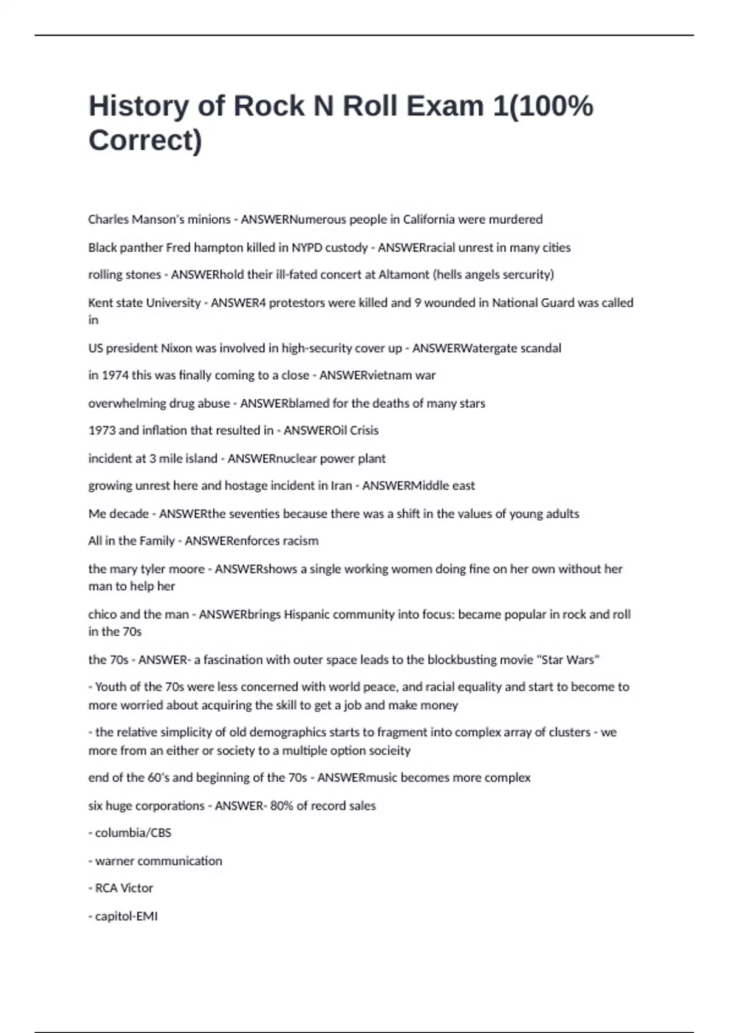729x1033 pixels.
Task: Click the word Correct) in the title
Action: pos(145,140)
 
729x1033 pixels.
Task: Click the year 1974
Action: pos(115,376)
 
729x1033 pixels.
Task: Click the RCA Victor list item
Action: pos(124,888)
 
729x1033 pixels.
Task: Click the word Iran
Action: pos(341,486)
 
